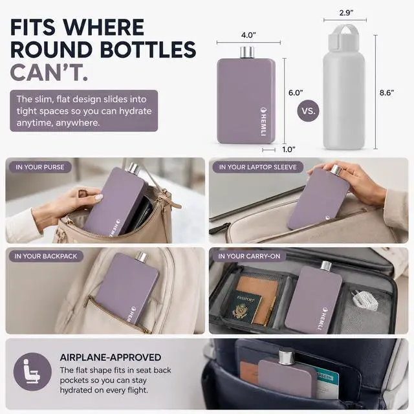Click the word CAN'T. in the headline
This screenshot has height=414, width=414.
49,72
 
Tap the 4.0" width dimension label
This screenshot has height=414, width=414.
248,35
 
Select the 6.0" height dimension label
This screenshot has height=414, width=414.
296,93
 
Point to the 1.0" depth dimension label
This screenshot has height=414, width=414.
289,149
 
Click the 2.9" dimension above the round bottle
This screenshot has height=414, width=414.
347,13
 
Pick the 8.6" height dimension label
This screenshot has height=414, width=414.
387,93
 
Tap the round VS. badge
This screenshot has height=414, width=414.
308,111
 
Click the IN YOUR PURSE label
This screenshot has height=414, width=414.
40,167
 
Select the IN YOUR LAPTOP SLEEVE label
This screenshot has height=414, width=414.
257,167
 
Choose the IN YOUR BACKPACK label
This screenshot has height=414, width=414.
46,256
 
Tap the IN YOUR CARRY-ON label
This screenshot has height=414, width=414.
249,256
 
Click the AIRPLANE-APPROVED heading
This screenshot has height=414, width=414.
111,357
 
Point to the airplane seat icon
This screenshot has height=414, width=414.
32,371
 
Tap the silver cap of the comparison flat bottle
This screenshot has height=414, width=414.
247,52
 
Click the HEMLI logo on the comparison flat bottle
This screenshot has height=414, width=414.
263,122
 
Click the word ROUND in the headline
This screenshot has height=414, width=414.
52,50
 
